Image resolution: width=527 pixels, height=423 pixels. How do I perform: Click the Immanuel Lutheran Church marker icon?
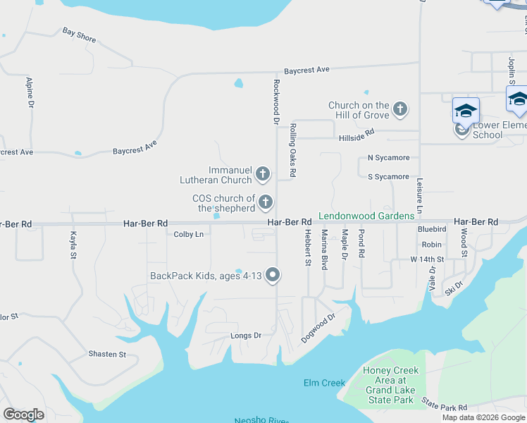pos(263,173)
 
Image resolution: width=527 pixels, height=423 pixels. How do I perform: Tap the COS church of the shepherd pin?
pos(266,203)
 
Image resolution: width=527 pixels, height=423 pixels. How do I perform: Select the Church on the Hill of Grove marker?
pos(400,109)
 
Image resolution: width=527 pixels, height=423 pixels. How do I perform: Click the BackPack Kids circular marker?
pos(273,276)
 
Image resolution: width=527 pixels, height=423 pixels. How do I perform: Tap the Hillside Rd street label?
pos(356,135)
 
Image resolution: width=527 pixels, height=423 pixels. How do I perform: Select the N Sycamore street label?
pos(388,159)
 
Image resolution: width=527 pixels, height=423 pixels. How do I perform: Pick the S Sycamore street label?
pos(388,177)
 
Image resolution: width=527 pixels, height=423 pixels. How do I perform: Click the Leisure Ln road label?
pos(419,195)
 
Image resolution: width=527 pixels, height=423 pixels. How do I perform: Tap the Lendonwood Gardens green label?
pos(366,216)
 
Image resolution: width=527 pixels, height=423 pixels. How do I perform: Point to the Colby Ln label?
pos(188,234)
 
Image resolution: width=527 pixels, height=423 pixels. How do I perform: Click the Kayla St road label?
pos(73,245)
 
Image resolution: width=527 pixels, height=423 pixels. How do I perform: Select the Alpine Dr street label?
pos(30,92)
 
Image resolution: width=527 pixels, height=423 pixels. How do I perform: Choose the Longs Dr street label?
pos(246,336)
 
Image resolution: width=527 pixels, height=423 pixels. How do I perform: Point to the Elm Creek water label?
pos(324,383)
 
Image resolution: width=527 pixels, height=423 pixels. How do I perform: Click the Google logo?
pos(24,414)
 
